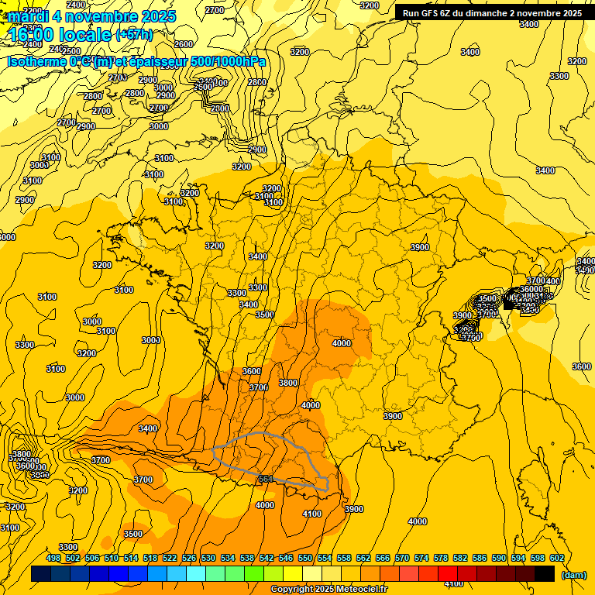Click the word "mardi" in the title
click(x=25, y=15)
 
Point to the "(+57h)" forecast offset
click(x=134, y=35)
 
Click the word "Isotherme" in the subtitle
click(x=37, y=61)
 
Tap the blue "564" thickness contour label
click(x=265, y=480)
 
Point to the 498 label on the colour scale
click(x=53, y=559)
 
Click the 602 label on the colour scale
click(x=556, y=559)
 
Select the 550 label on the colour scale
click(x=305, y=559)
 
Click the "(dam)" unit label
click(x=573, y=575)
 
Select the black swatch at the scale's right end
click(x=545, y=574)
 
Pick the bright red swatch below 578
click(x=448, y=574)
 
